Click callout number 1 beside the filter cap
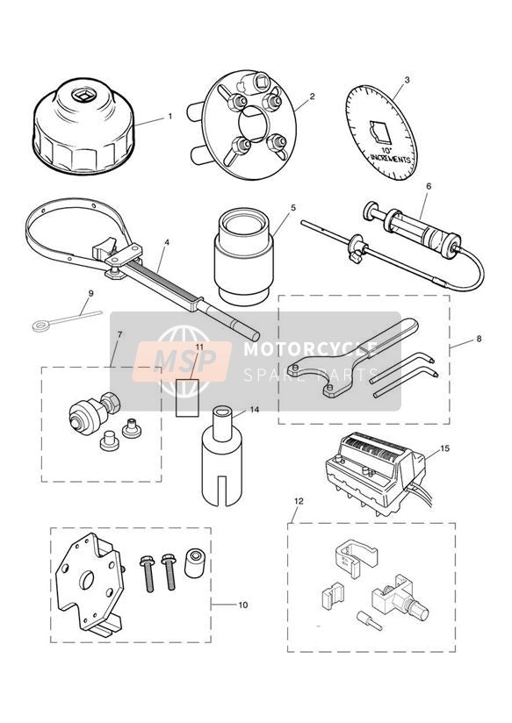click(169, 116)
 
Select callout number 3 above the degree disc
click(407, 80)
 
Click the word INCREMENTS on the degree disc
click(390, 159)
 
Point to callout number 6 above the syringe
click(429, 186)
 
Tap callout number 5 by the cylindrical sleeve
click(293, 207)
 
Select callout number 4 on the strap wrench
click(167, 241)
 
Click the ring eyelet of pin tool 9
click(38, 326)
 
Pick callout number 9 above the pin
click(90, 293)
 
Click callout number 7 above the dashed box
click(119, 335)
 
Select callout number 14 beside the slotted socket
click(255, 409)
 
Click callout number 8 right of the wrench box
click(479, 339)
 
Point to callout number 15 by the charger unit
click(444, 447)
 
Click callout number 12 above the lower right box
click(299, 501)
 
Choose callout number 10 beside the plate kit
click(243, 605)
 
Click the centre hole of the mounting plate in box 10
click(86, 580)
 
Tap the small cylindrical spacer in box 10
click(194, 562)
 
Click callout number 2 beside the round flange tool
click(312, 97)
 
